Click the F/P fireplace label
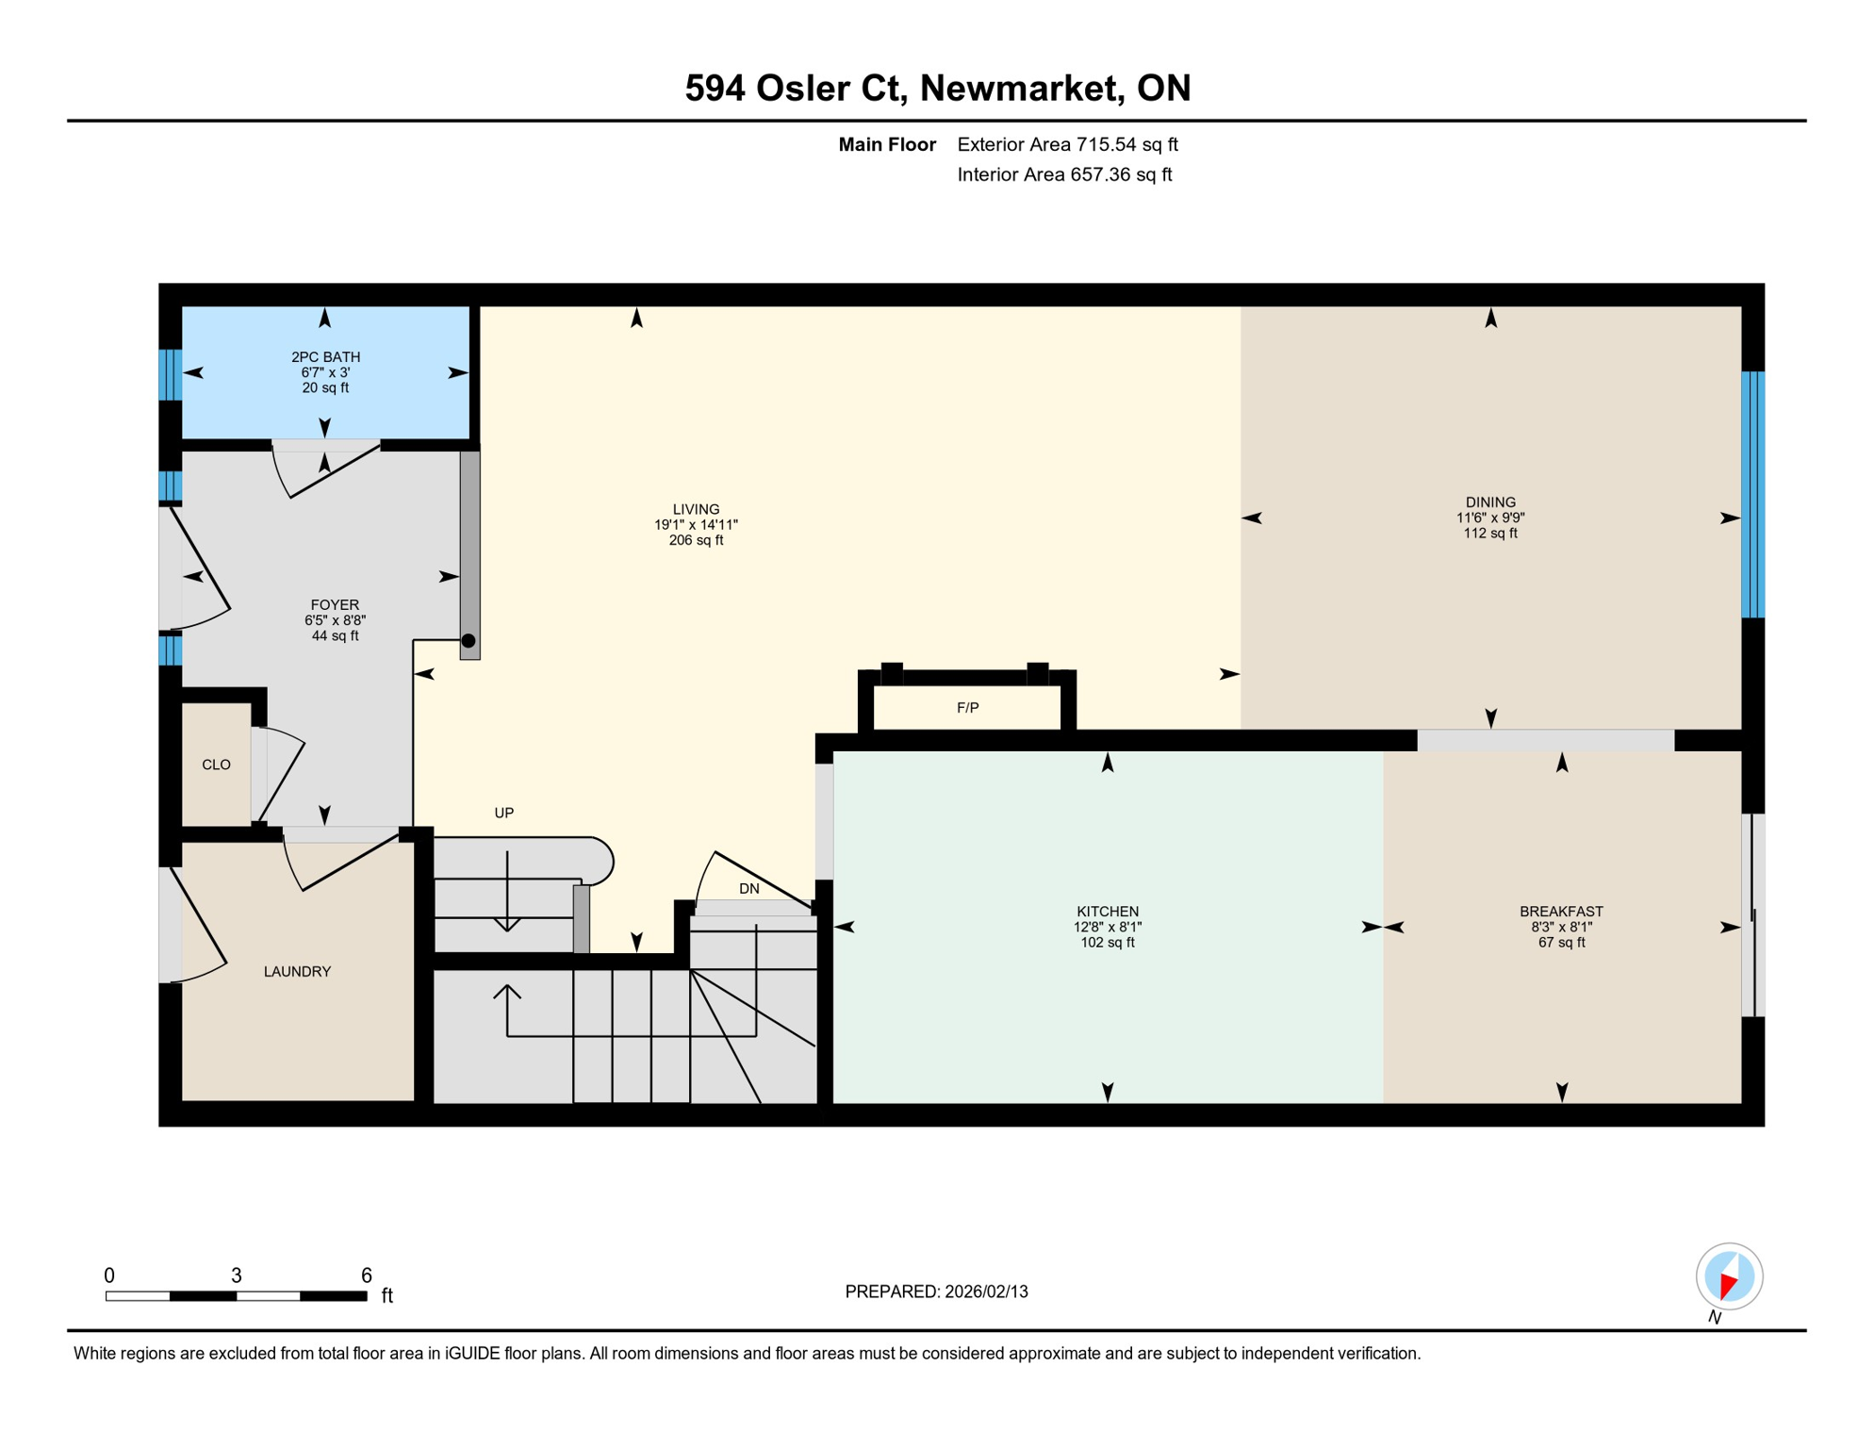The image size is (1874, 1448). point(967,708)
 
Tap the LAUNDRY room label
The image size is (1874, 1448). point(297,971)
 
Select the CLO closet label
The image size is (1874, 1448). point(216,765)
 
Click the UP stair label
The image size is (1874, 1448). point(504,813)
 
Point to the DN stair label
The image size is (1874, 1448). point(748,888)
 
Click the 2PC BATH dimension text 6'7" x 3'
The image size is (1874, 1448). point(325,372)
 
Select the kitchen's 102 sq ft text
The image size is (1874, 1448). point(1107,942)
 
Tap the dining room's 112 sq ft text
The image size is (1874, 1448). point(1489,534)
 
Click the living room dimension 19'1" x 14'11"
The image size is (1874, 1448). point(696,525)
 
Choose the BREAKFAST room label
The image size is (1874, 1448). point(1560,911)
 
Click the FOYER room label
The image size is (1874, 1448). point(335,604)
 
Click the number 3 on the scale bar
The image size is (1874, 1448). point(237,1275)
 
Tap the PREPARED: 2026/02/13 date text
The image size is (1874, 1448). point(936,1292)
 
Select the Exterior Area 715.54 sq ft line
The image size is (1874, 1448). point(1067,144)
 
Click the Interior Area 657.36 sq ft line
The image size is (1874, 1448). point(1063,174)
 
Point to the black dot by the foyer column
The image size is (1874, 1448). point(468,641)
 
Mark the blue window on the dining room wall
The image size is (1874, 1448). point(1751,495)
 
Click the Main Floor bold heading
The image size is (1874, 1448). point(886,144)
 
